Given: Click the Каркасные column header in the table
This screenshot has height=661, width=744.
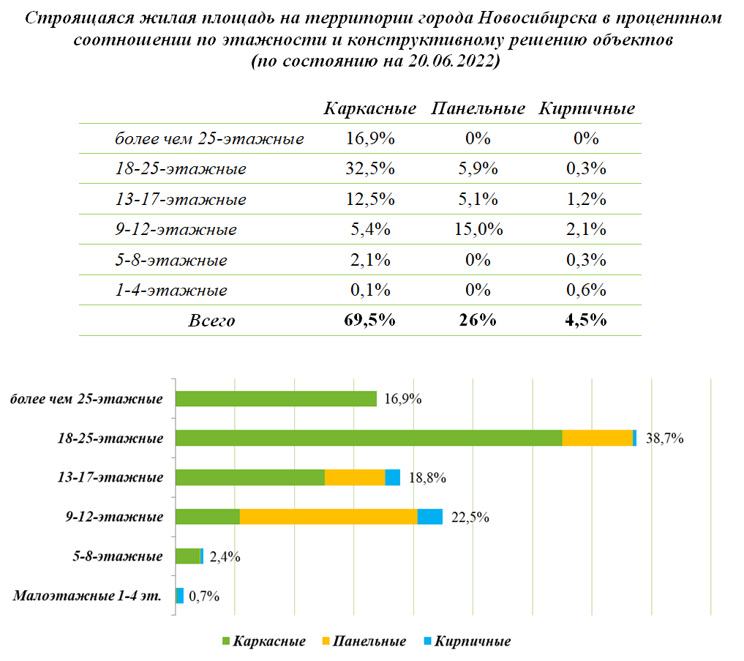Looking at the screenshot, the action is [x=370, y=109].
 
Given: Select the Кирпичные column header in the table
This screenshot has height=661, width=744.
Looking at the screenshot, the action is [x=587, y=109].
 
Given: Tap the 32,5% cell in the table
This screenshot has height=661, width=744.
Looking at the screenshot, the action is [x=370, y=168].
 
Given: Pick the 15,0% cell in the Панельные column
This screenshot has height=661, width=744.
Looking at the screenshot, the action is [x=478, y=229].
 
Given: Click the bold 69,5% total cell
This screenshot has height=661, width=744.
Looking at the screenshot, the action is [x=369, y=320].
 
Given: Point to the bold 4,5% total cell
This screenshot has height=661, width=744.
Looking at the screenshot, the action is [x=586, y=320].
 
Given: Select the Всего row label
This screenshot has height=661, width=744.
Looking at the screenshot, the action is [x=211, y=321].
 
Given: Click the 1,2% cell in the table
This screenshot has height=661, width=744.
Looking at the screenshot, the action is [x=587, y=199].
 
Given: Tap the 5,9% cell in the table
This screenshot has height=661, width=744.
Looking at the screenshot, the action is [x=478, y=168].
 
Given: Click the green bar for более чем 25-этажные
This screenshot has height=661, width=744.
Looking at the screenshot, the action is [x=276, y=399].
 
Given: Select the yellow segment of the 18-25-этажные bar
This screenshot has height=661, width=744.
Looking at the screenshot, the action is [x=598, y=438].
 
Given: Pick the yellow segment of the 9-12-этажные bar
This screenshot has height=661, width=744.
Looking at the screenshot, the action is [x=328, y=517].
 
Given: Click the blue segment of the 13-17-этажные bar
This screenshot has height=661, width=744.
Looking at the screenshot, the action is [x=392, y=477].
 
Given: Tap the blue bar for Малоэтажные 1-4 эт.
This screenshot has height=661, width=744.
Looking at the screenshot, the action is [x=180, y=595].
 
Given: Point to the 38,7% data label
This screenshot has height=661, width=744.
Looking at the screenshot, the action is [x=664, y=438].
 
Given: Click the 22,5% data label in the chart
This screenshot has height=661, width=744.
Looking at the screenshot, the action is [x=470, y=517].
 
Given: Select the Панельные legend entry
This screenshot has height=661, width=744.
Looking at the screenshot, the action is [x=364, y=641].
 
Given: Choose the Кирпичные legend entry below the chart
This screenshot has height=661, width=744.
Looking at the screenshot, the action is [x=467, y=641].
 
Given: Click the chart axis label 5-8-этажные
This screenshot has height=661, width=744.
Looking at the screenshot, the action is [x=118, y=556].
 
